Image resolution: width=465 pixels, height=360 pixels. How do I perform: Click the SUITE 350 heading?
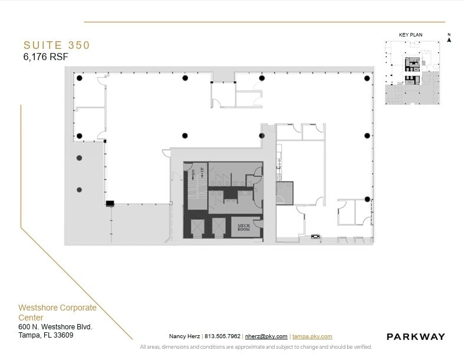coord(57,45)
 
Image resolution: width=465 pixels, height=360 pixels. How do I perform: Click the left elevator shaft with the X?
coord(196,227)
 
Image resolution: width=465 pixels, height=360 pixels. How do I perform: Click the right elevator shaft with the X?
coord(219,227)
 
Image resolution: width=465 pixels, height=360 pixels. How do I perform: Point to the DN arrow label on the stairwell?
coord(193,174)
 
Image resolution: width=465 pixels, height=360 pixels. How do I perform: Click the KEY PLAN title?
coord(411,35)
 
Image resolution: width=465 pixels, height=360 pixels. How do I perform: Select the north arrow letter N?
coord(449,35)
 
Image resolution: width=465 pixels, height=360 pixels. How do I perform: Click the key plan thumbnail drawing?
coord(413,72)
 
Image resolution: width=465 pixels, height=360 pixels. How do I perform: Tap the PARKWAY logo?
coord(415,336)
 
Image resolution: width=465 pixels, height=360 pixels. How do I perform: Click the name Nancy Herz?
coord(184,336)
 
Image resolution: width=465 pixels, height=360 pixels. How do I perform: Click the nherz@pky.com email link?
coord(266,336)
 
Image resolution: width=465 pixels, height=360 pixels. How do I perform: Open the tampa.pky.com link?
coord(312,336)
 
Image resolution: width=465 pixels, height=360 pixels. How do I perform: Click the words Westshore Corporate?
coord(57,308)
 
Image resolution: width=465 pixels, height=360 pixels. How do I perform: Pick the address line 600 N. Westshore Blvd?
coord(55,326)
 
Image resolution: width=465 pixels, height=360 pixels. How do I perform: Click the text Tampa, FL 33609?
coord(46,335)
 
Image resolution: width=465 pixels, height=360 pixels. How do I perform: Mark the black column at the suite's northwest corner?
coord(79,78)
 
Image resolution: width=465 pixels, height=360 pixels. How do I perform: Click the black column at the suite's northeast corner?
coord(367,78)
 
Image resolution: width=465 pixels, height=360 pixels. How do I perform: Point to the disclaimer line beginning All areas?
coord(256,347)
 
